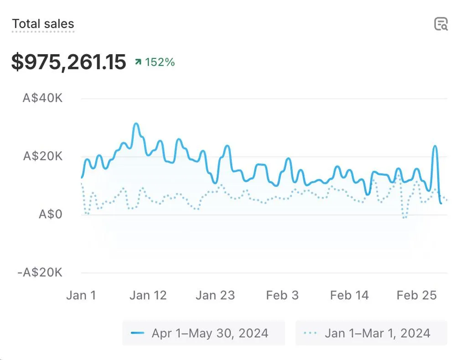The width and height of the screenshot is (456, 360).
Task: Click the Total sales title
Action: (43, 24)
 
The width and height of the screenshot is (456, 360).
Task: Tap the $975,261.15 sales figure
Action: (68, 62)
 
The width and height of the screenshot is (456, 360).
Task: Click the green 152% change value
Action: (160, 62)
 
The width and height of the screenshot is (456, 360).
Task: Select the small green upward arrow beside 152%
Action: (138, 62)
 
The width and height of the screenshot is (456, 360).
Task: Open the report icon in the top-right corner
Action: (440, 24)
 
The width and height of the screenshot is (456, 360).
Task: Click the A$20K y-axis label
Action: (42, 156)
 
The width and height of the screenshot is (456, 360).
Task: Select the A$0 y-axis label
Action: (50, 214)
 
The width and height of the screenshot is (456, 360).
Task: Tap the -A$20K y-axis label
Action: (40, 273)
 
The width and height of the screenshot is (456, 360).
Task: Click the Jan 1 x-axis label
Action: (81, 295)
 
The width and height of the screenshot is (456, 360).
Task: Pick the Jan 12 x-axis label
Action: (148, 295)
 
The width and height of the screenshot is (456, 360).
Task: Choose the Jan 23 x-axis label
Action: (215, 295)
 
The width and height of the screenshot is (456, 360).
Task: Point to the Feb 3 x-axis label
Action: (282, 295)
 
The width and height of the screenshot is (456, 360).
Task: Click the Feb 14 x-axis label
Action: (349, 295)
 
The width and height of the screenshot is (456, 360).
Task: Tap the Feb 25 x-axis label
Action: (416, 295)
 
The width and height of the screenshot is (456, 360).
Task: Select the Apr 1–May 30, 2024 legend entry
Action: (203, 333)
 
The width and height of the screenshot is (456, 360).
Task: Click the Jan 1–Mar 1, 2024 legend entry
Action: (371, 333)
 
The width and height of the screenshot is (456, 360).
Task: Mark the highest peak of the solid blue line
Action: (136, 123)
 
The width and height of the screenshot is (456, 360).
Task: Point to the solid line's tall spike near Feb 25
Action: (435, 146)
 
